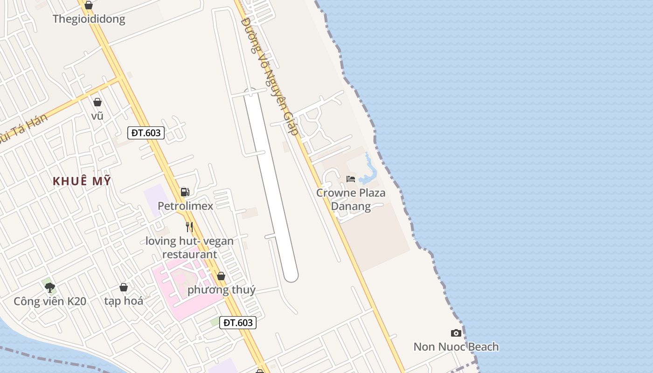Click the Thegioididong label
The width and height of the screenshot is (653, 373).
click(89, 19)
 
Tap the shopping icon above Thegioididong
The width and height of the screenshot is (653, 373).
click(89, 5)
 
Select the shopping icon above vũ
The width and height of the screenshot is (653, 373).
click(97, 102)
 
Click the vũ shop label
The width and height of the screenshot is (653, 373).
click(97, 116)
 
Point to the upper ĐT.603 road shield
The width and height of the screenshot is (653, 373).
click(146, 133)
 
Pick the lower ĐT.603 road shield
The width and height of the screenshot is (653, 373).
click(238, 323)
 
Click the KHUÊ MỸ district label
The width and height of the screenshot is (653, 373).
click(82, 181)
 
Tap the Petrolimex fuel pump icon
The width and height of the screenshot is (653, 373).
click(185, 192)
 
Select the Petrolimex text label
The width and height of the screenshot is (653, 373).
click(185, 206)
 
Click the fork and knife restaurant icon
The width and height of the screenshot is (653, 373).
click(189, 227)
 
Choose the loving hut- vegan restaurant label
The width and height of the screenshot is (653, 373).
click(189, 248)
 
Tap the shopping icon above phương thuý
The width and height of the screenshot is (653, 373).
click(221, 276)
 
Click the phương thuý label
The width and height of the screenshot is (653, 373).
click(221, 290)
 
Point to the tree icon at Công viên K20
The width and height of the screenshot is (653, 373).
click(50, 287)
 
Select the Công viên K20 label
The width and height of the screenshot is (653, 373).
click(50, 301)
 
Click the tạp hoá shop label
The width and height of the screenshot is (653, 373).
click(124, 301)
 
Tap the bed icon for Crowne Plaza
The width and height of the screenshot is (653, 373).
click(351, 179)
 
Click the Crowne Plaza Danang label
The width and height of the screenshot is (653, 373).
click(351, 200)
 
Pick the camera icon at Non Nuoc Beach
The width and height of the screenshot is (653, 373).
click(456, 333)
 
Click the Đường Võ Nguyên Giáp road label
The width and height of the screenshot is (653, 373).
click(270, 77)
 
